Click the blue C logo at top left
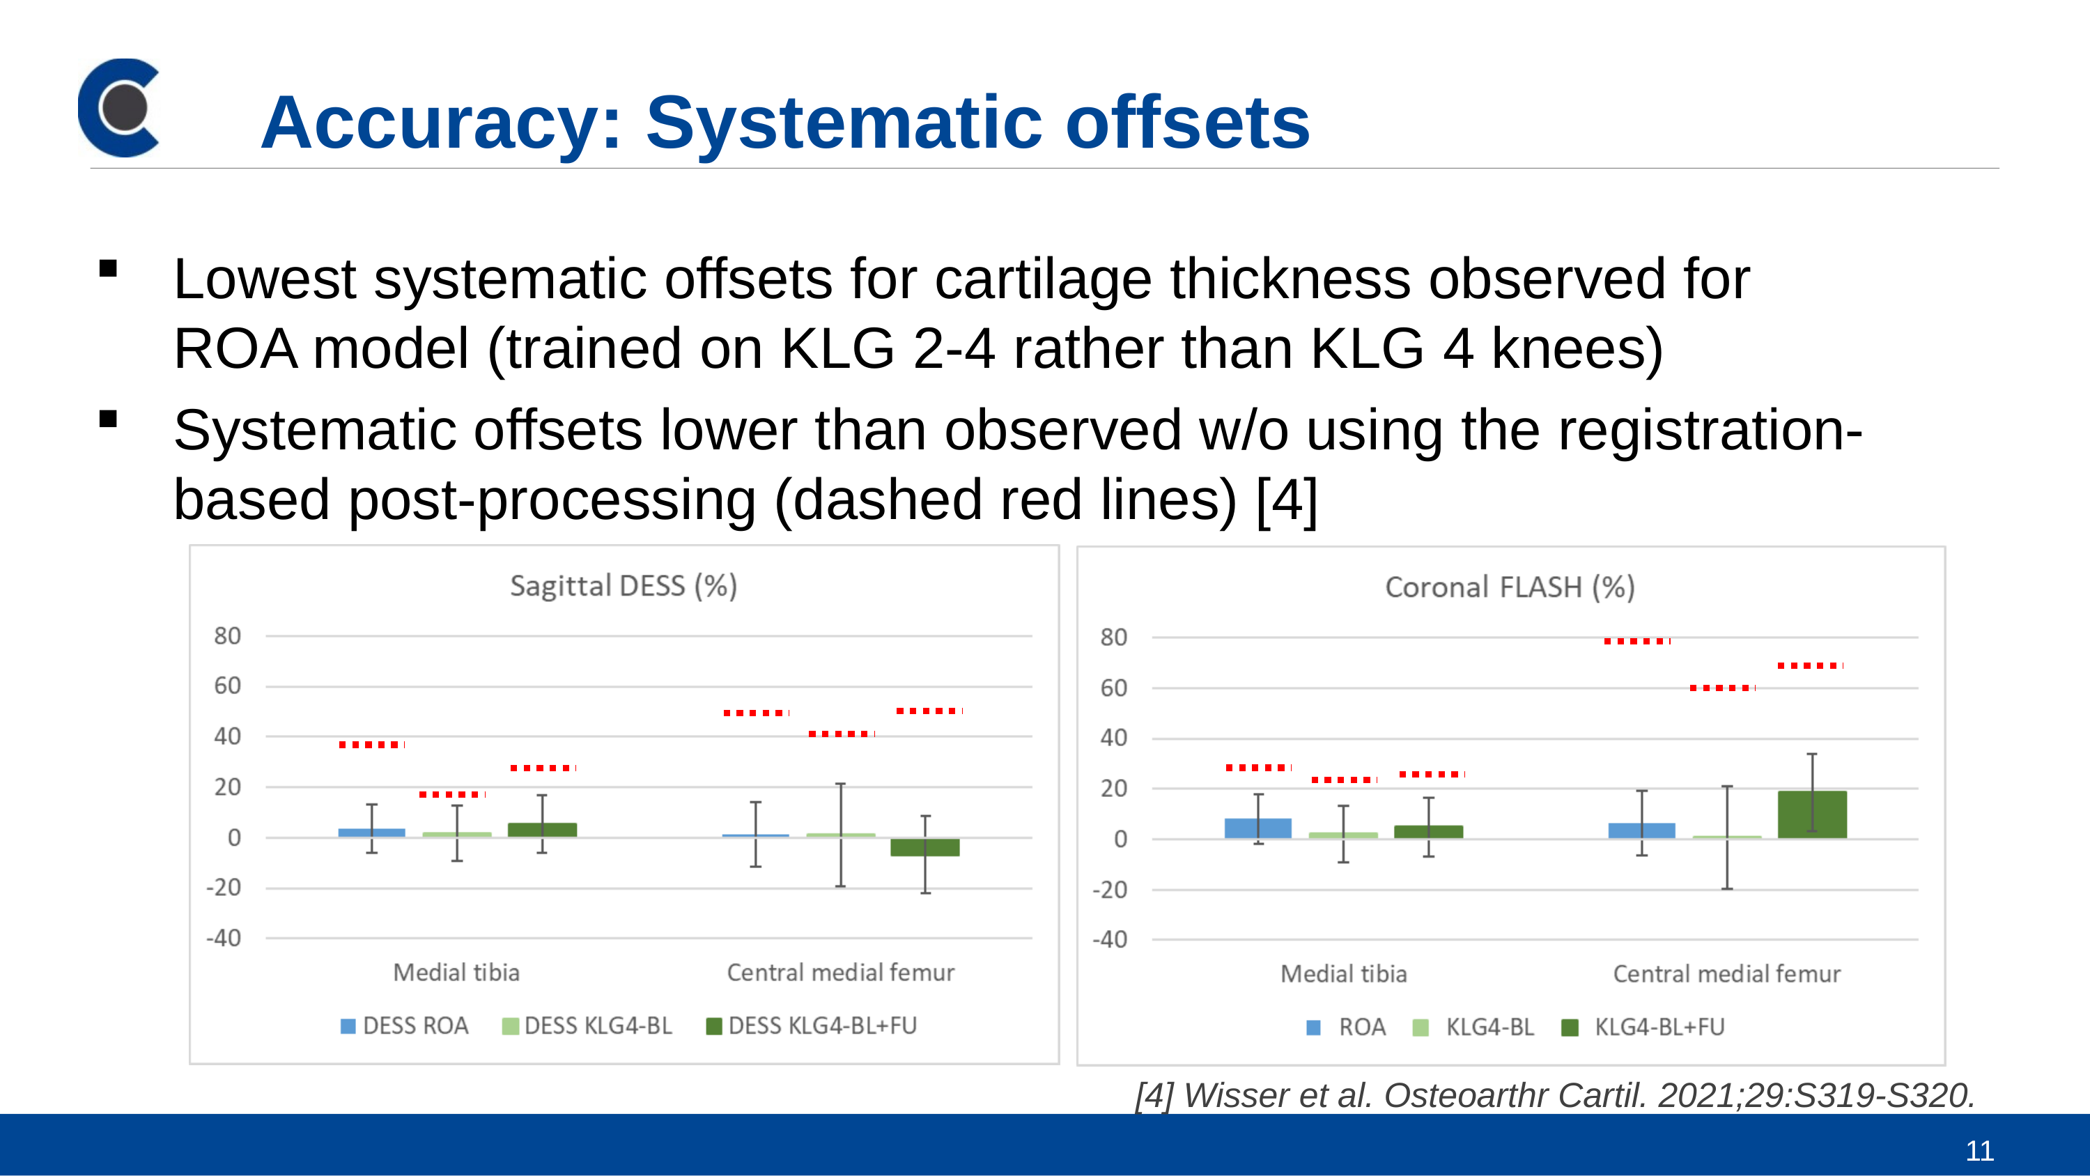118,107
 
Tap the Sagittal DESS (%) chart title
623,586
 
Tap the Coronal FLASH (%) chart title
1510,587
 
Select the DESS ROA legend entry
404,1026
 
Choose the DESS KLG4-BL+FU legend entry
812,1026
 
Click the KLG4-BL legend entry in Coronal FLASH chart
1473,1028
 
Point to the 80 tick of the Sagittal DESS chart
227,636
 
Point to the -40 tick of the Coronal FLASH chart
1110,940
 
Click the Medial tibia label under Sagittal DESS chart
456,973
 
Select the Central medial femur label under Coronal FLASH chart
1726,974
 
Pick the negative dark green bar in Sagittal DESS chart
925,846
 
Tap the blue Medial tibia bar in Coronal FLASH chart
1257,828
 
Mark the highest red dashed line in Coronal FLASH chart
1637,641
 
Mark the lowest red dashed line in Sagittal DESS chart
453,794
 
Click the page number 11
1980,1151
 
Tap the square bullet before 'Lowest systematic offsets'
108,269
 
